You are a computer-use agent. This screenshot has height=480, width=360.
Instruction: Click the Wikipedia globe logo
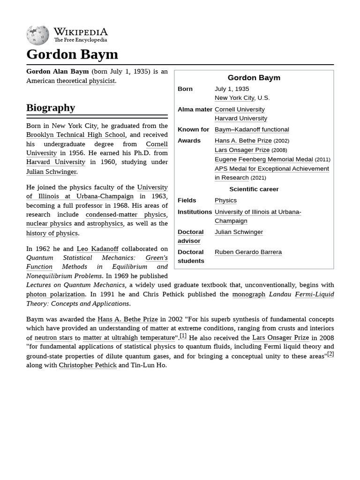[37, 36]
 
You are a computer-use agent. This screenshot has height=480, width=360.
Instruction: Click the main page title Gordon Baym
[72, 54]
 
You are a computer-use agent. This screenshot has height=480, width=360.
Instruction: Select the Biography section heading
[51, 108]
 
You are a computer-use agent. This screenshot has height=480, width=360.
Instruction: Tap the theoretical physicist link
[86, 81]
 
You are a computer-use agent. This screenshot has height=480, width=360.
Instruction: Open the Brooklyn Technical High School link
[75, 135]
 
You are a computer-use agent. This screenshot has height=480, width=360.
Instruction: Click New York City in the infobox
[234, 98]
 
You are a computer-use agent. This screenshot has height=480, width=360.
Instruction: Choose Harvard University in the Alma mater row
[240, 119]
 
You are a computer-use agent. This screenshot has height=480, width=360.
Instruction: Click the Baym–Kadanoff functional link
[252, 129]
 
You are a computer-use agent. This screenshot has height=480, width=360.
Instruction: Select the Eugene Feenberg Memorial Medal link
[263, 159]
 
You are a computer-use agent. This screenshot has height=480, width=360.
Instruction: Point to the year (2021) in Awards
[258, 178]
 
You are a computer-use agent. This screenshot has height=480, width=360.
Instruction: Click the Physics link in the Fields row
[225, 200]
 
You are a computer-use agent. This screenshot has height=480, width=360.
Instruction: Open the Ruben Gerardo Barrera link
[248, 252]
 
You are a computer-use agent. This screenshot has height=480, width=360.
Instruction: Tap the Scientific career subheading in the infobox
[254, 189]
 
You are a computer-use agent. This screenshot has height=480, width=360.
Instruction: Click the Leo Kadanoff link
[97, 249]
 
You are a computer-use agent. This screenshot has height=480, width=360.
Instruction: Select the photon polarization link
[55, 294]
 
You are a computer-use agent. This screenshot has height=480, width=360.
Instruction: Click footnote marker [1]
[183, 336]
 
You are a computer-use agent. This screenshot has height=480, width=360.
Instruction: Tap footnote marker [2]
[330, 354]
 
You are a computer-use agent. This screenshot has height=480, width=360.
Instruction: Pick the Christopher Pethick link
[88, 365]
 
